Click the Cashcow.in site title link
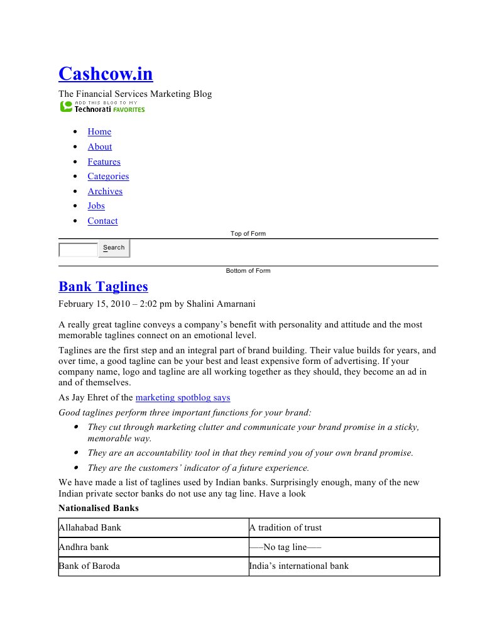[x=106, y=74]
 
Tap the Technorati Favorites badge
[x=102, y=106]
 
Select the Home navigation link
[x=99, y=132]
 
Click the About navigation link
[x=100, y=147]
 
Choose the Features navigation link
[x=104, y=162]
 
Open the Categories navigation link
[x=108, y=177]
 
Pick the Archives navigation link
[x=105, y=192]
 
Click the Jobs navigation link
[x=96, y=206]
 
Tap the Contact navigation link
[x=102, y=221]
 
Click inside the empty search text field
[x=78, y=250]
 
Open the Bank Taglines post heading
[x=103, y=287]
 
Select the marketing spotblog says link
[x=183, y=398]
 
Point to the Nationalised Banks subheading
[x=99, y=508]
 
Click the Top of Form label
[x=248, y=234]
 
